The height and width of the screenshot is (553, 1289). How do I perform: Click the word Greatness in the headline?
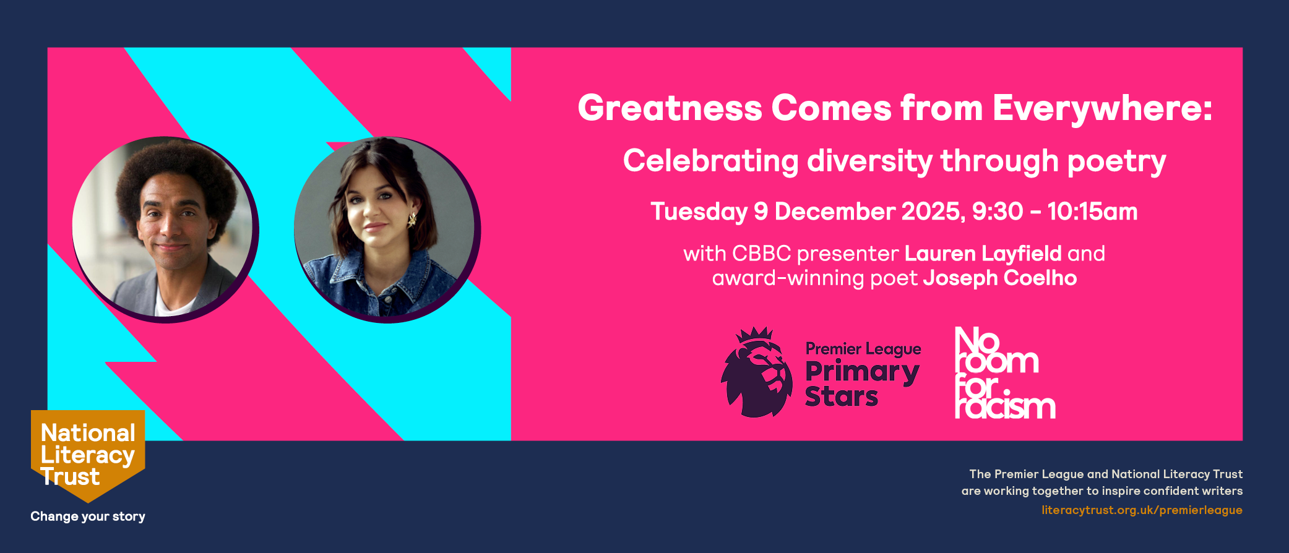tap(670, 108)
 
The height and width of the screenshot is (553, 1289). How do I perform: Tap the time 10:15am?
tap(1092, 212)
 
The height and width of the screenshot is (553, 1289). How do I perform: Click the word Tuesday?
tap(699, 212)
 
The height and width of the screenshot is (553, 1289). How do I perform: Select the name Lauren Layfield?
tap(983, 254)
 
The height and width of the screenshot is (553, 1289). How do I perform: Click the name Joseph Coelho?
tap(1000, 278)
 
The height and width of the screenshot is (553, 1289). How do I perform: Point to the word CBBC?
tap(762, 254)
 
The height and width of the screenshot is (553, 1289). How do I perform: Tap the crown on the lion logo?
tap(754, 335)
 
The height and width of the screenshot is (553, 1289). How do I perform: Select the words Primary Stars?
tap(862, 384)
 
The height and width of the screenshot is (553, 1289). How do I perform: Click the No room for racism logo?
tap(1005, 373)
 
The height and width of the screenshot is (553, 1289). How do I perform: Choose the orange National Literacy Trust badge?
tap(88, 455)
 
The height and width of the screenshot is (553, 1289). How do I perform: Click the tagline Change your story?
tap(88, 517)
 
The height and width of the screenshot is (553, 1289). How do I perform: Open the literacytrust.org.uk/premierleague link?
tap(1142, 510)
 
